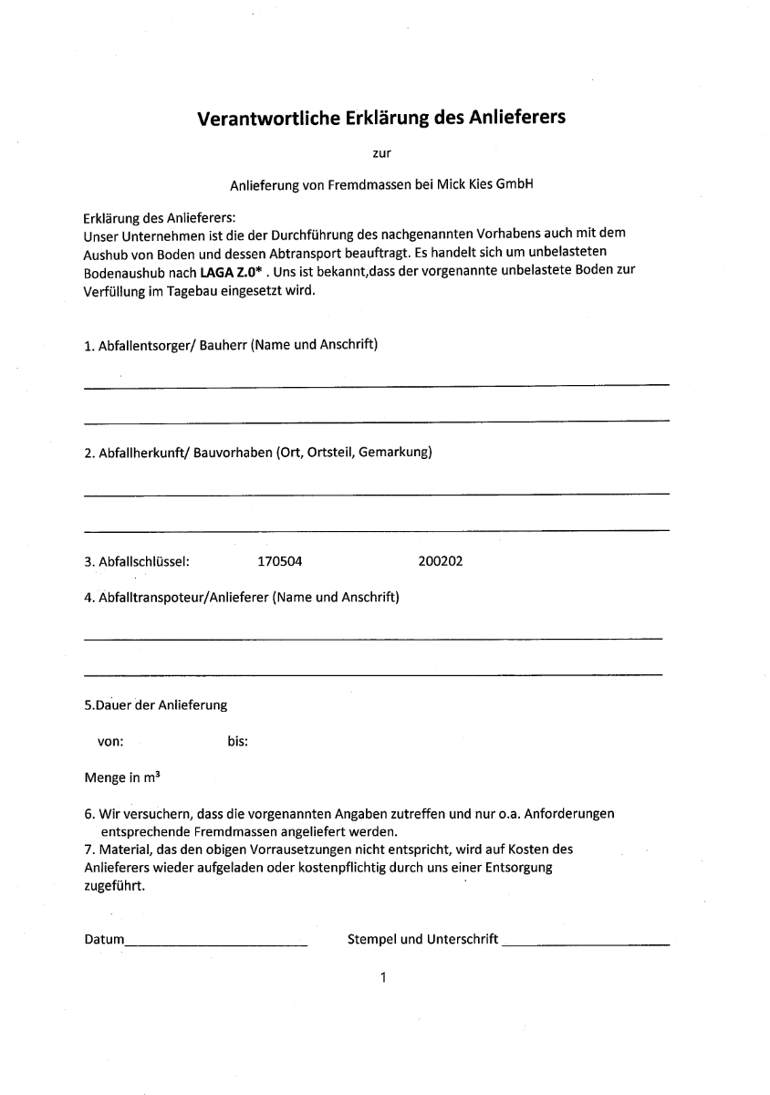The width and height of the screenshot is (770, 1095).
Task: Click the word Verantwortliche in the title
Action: coord(268,118)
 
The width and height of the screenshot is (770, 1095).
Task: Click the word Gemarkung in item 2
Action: coord(395,453)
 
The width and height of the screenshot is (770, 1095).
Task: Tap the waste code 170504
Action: coord(279,561)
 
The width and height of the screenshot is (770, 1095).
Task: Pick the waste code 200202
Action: coord(440,561)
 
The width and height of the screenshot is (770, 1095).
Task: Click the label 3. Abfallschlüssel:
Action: coord(136,561)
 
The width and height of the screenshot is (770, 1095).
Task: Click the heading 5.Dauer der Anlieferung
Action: coord(155,705)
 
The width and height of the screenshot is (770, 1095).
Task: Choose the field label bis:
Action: coord(237,742)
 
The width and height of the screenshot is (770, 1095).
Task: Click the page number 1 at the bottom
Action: coord(384,979)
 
